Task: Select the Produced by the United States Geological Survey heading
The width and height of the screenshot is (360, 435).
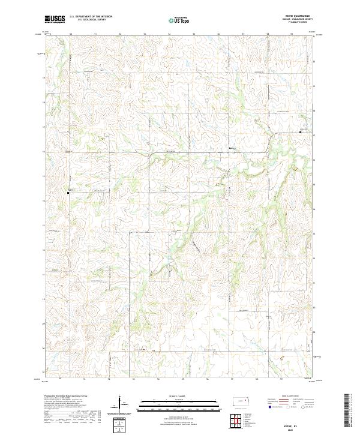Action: tap(64, 397)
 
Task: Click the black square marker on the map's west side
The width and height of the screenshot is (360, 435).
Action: tap(68, 193)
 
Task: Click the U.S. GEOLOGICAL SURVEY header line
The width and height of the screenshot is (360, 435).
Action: tap(90, 20)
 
